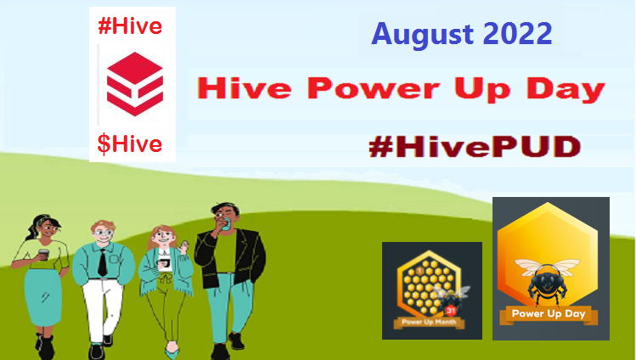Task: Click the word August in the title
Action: click(x=422, y=35)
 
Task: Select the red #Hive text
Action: click(x=130, y=27)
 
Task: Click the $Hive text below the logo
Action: click(x=130, y=144)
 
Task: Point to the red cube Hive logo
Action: click(x=135, y=84)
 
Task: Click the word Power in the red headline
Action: click(x=373, y=89)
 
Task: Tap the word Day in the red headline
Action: click(x=566, y=89)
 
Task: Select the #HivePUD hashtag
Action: click(x=475, y=146)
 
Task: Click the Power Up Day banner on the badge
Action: click(x=549, y=314)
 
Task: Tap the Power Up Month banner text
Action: click(x=429, y=323)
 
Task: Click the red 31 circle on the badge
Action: click(x=451, y=311)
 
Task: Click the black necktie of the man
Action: click(x=102, y=262)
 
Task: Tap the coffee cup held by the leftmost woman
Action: click(x=43, y=255)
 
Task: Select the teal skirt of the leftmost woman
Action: click(x=43, y=296)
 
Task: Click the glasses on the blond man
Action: click(x=104, y=233)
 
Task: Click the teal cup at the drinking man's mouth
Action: click(x=226, y=224)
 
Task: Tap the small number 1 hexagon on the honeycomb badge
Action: click(x=419, y=271)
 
